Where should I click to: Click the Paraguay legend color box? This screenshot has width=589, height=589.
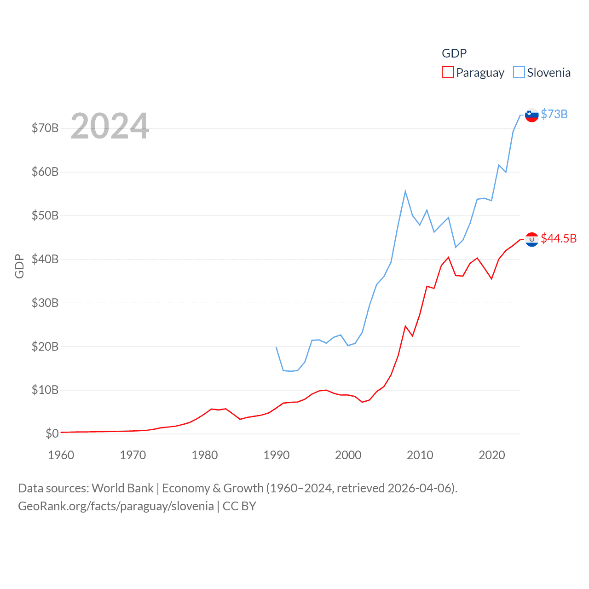coord(447,73)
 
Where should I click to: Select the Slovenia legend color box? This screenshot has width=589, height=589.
coord(519,73)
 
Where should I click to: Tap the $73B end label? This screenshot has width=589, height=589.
coord(554,114)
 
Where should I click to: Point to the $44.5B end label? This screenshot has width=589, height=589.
coord(559,238)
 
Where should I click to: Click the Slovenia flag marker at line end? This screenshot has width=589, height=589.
coord(531,115)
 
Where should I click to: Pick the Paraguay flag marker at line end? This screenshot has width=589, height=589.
coord(531,239)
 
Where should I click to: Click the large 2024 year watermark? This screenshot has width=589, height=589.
coord(110,126)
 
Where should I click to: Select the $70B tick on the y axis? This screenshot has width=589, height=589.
coord(45,128)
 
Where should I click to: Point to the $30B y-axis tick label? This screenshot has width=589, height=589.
coord(45,303)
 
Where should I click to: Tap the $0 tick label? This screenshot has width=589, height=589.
coord(52,433)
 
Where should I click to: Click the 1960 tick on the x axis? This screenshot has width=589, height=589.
coord(61,455)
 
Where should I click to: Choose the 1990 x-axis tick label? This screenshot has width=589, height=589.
coord(277,455)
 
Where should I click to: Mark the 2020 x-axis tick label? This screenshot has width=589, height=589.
coord(492,455)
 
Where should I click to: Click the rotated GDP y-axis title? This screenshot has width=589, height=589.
coord(19,266)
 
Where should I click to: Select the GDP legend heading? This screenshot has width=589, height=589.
coord(454,53)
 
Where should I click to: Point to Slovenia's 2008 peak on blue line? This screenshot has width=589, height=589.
coord(405,191)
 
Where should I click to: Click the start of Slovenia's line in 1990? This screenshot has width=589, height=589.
coord(276,347)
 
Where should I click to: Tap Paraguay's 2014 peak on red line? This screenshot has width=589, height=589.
coord(448,257)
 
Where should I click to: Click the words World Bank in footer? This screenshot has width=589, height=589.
coord(122,488)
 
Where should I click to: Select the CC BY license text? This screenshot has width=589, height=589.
coord(239,506)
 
